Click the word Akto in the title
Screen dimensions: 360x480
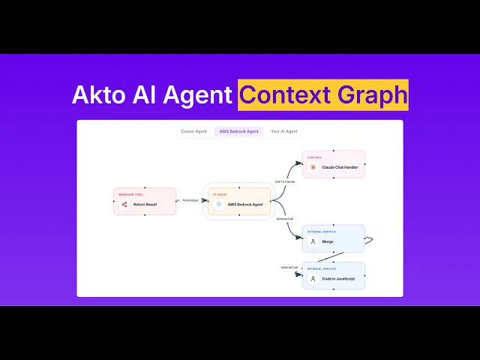pyautogui.click(x=96, y=95)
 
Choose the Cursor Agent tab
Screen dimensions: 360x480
pyautogui.click(x=194, y=131)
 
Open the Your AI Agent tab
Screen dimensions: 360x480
pyautogui.click(x=284, y=131)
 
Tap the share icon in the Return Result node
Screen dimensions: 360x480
pyautogui.click(x=124, y=204)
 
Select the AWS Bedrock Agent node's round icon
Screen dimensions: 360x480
pyautogui.click(x=218, y=204)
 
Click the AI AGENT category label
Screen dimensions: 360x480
pyautogui.click(x=220, y=194)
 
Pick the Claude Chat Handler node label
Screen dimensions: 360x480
pyautogui.click(x=340, y=167)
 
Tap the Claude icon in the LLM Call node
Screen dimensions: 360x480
pyautogui.click(x=313, y=167)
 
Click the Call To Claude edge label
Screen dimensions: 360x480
pyautogui.click(x=285, y=181)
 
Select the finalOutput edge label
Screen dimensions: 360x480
pyautogui.click(x=189, y=200)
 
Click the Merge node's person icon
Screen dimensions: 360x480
pyautogui.click(x=313, y=241)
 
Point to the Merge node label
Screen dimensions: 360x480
pyautogui.click(x=328, y=241)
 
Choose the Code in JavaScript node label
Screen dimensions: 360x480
pyautogui.click(x=339, y=279)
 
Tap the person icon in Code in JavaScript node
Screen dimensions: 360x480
pyautogui.click(x=313, y=279)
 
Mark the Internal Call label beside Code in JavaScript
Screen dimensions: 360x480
pyautogui.click(x=289, y=267)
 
